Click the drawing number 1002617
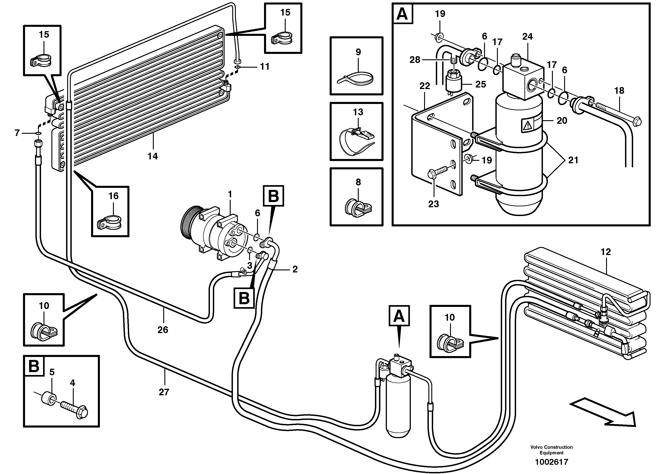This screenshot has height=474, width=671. [x=551, y=462]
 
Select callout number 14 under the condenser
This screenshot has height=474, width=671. [x=153, y=156]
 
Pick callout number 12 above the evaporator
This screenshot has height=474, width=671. [x=606, y=252]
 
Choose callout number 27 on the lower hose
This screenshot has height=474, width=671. [x=164, y=392]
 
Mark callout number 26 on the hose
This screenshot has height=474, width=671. [x=163, y=330]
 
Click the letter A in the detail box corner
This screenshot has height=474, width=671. [x=402, y=14]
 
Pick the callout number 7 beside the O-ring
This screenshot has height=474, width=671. [x=17, y=133]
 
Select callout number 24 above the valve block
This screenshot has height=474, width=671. [x=528, y=37]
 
